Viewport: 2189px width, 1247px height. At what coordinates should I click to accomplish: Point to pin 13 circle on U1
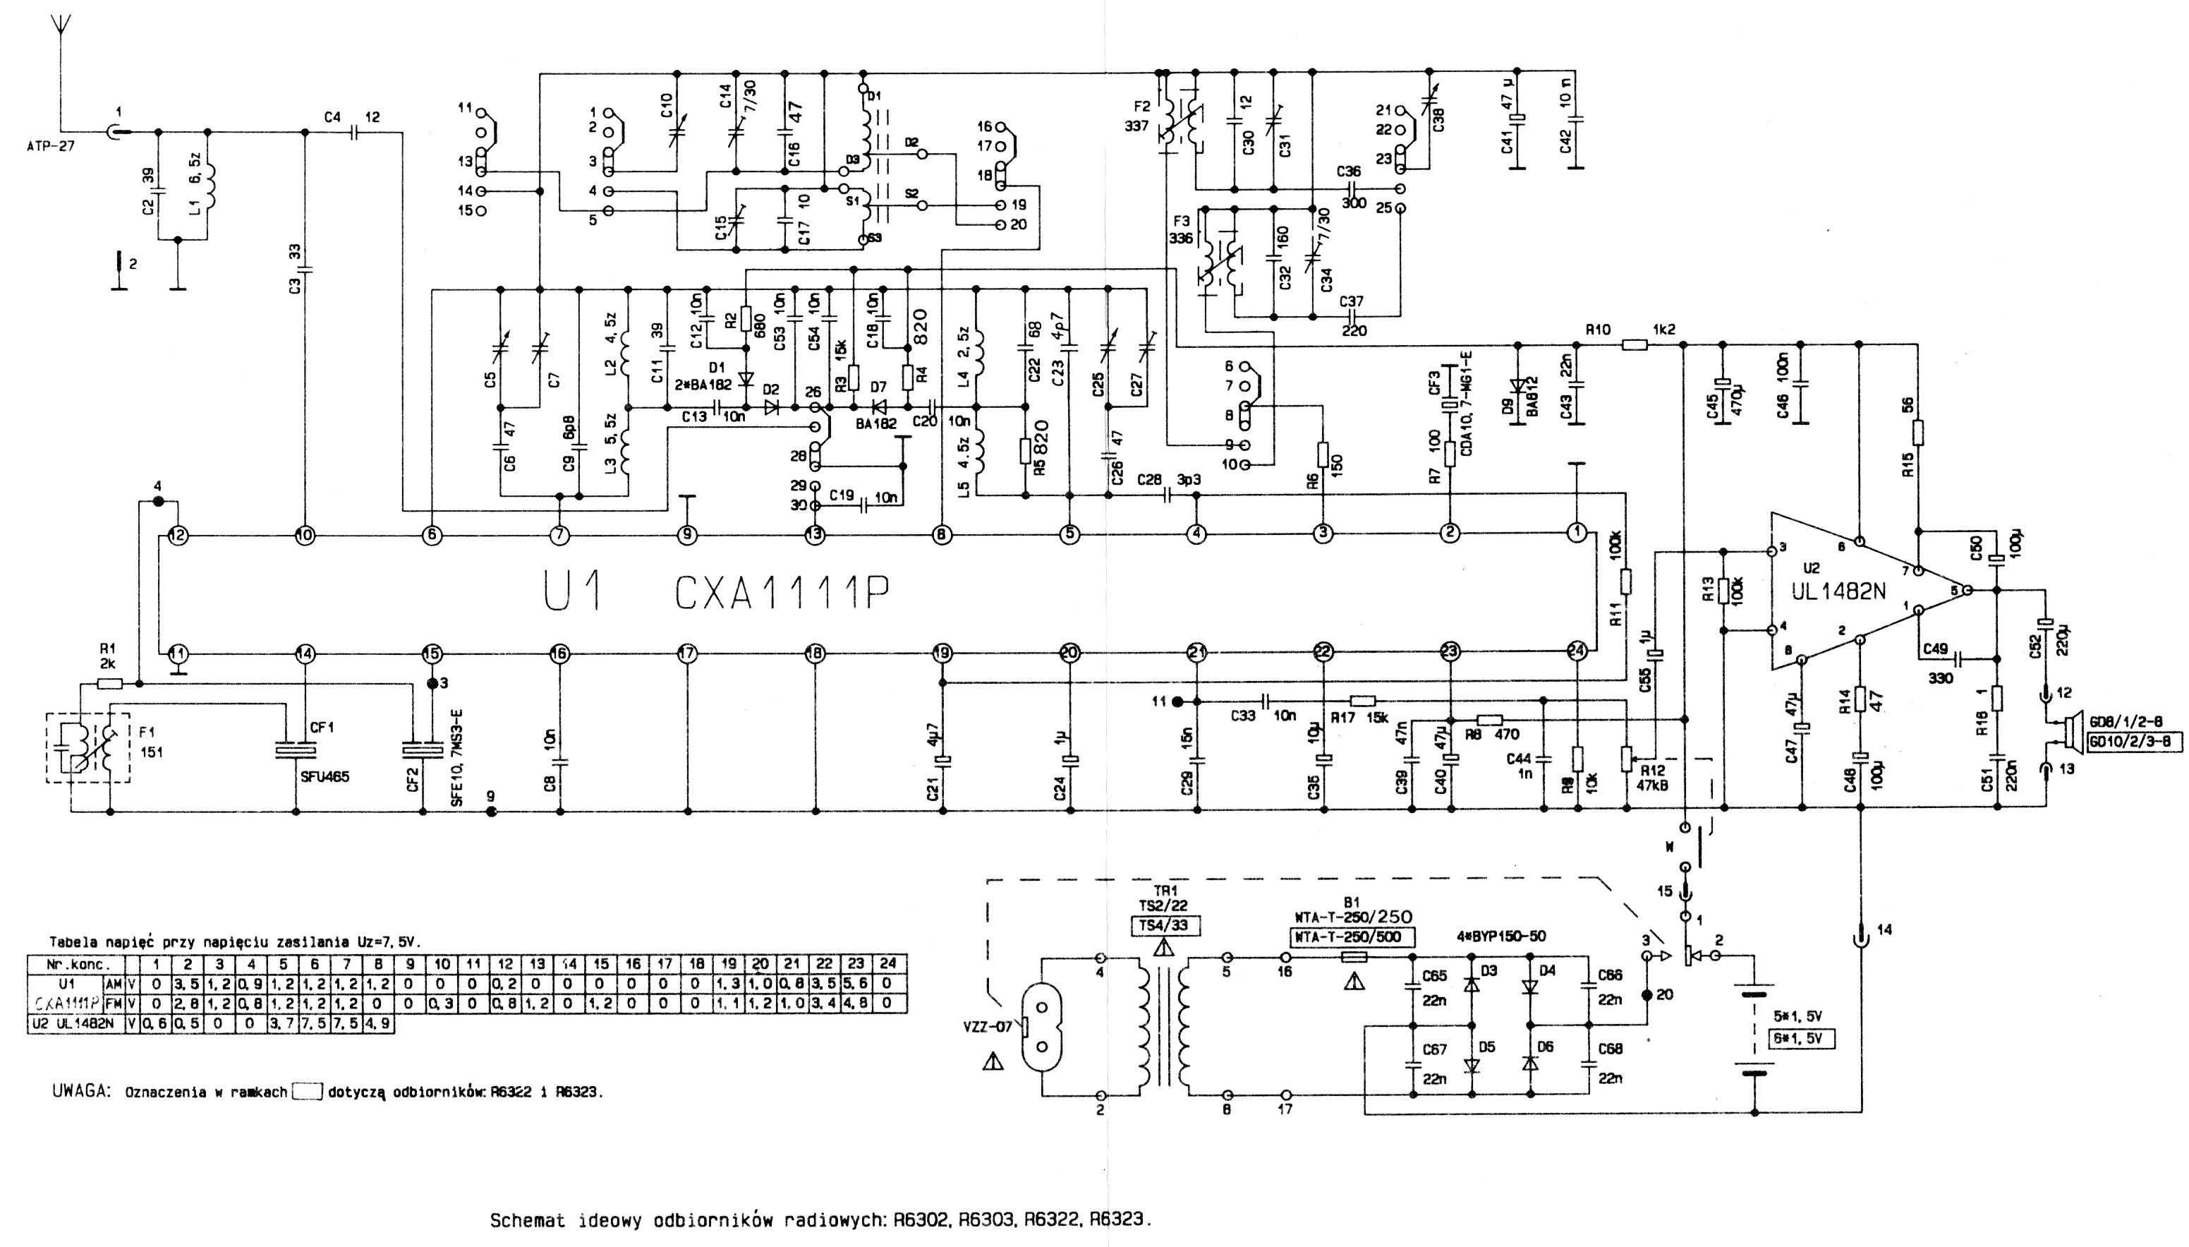814,535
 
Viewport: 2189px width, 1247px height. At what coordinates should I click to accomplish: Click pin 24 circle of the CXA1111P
1576,653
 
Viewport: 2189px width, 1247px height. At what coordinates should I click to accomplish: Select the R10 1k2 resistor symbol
1635,345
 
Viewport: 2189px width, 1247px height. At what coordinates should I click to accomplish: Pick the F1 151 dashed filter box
88,747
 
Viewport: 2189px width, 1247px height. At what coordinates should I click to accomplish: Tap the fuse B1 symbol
1352,957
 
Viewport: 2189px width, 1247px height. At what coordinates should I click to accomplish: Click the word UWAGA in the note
81,1091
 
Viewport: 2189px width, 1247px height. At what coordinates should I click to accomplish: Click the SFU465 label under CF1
325,777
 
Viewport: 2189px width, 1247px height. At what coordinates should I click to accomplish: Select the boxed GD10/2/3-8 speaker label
2133,742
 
